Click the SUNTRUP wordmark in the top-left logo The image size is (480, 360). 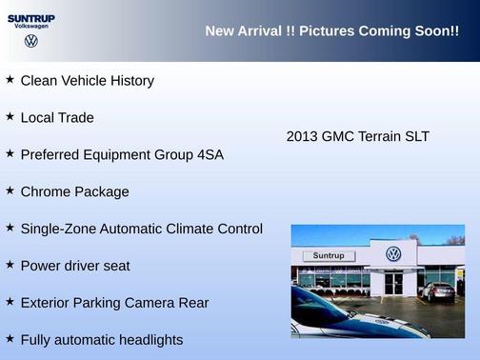[x=31, y=17]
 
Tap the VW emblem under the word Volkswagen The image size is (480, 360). [x=31, y=41]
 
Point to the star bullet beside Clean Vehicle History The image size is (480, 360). [x=10, y=79]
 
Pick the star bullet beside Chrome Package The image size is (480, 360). [x=10, y=190]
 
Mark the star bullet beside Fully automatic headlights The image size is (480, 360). [x=10, y=338]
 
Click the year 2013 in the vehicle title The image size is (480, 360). [x=302, y=136]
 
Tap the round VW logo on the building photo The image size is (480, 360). [x=393, y=253]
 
